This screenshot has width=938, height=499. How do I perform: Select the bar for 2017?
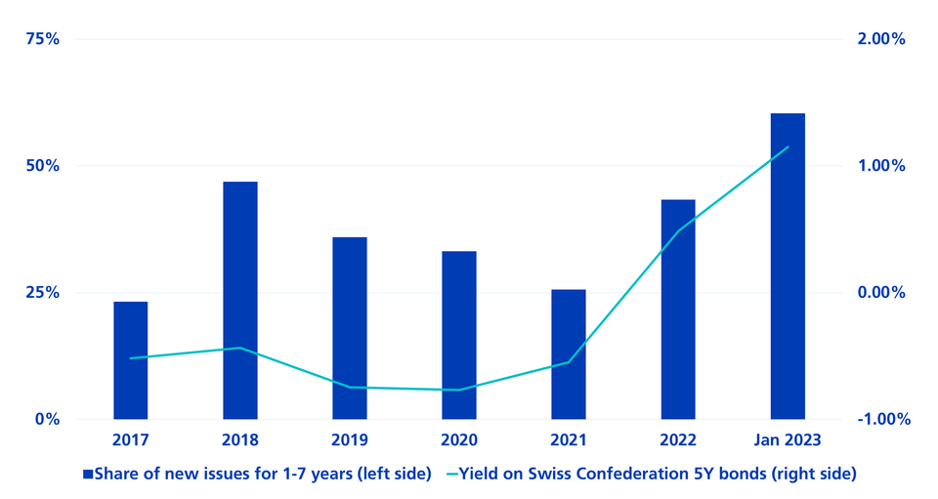[x=131, y=360]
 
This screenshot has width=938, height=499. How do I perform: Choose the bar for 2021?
[x=569, y=354]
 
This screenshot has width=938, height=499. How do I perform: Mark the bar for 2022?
[x=678, y=310]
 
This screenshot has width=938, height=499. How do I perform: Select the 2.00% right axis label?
[x=882, y=39]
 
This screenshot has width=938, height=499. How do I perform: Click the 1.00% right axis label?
[x=882, y=166]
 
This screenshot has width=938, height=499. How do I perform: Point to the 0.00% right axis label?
[x=882, y=293]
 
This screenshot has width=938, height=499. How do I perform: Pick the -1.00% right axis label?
[x=880, y=419]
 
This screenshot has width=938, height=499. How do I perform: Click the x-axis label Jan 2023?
[x=788, y=441]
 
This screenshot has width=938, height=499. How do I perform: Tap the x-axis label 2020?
[x=459, y=441]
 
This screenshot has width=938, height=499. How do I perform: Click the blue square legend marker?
[x=87, y=475]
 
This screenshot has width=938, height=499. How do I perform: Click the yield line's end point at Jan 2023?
[x=788, y=147]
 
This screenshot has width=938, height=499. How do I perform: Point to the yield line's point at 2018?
[x=240, y=348]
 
